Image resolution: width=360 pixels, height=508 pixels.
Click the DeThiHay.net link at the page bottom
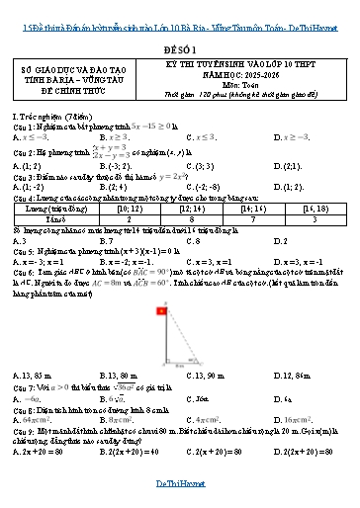[x=180, y=494]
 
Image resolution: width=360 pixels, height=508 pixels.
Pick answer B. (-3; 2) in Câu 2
[x=117, y=167]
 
